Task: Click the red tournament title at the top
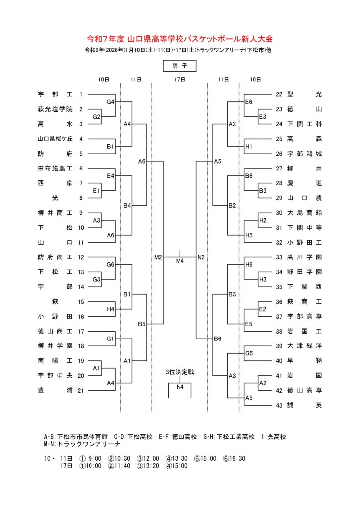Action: point(180,38)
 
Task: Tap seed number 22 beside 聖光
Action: point(279,94)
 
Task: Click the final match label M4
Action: point(180,261)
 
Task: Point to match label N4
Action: point(180,387)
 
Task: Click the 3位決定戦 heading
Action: point(180,372)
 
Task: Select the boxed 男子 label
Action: point(180,66)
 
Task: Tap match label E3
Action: point(262,117)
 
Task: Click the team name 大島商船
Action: point(305,213)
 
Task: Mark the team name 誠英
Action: point(305,406)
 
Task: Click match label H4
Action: point(110,309)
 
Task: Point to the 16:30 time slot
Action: point(236,458)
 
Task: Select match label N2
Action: point(201,257)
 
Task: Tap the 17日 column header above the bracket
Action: point(180,79)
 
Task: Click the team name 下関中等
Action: point(305,228)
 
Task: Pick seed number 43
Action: point(279,406)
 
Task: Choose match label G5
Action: point(249,354)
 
